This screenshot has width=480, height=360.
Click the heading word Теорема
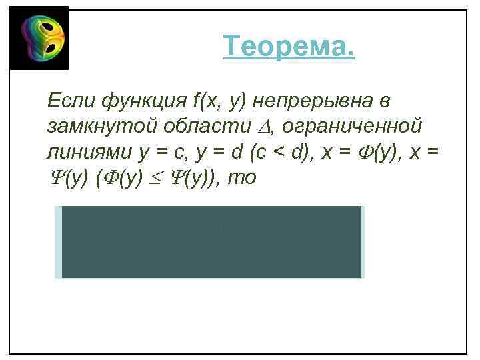(289, 47)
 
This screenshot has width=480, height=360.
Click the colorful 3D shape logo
(39, 38)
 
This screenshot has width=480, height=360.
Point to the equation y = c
(165, 152)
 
